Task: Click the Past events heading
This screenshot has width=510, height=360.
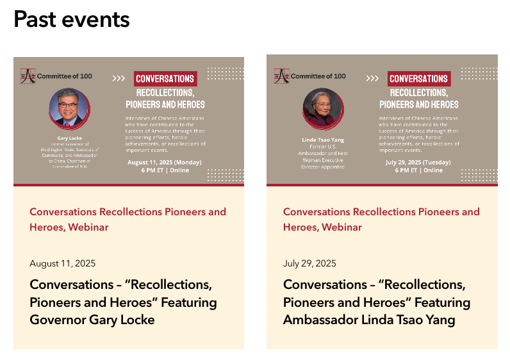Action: (72, 20)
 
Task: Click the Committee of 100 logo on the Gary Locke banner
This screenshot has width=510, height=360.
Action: (56, 76)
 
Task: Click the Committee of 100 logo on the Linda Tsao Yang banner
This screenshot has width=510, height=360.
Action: (310, 76)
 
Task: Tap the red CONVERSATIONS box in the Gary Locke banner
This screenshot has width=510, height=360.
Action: (165, 79)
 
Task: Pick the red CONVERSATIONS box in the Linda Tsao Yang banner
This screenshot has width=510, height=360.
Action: (419, 79)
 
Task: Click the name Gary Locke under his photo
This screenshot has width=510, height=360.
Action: (69, 138)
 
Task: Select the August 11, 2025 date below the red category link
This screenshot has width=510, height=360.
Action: (63, 263)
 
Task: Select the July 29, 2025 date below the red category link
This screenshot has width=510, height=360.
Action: (309, 263)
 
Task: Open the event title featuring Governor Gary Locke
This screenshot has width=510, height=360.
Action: (123, 302)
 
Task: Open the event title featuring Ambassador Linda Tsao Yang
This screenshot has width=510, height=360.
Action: (377, 302)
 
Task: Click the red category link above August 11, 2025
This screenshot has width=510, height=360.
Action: (128, 219)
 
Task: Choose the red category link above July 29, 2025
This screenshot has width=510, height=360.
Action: (381, 219)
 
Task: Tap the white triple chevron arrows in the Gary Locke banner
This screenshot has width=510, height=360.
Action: (119, 79)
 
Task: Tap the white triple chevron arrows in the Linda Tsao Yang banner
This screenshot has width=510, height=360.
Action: (372, 79)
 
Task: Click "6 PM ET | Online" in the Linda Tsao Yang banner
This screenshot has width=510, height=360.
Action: (419, 170)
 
